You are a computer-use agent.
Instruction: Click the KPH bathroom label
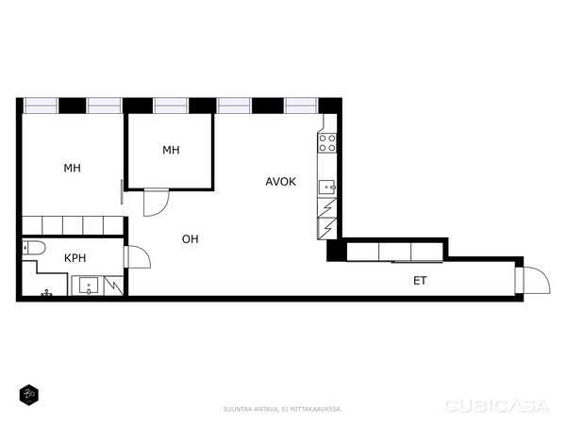pos(75,258)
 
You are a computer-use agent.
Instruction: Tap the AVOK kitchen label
pos(280,181)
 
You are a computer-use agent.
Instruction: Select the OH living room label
pos(191,239)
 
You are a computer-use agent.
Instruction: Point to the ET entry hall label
pos(420,281)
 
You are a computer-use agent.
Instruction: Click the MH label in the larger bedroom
pos(73,168)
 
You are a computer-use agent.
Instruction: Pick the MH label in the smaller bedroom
pos(171,150)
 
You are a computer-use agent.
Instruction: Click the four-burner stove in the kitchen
pos(327,143)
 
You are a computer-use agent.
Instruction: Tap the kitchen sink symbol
pos(327,188)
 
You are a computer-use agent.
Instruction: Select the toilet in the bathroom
pos(34,248)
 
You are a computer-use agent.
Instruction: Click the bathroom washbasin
pos(89,285)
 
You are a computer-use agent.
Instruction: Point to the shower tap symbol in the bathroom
pos(46,293)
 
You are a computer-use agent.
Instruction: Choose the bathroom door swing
pos(137,256)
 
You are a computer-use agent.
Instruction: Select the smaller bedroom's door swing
pos(157,203)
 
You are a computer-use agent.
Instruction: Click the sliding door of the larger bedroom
pos(122,192)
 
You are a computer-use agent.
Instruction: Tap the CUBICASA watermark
pos(497,406)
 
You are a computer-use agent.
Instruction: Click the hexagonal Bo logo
pos(29,395)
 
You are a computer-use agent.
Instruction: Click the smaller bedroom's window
pos(171,106)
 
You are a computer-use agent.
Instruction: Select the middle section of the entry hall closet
pos(395,252)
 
